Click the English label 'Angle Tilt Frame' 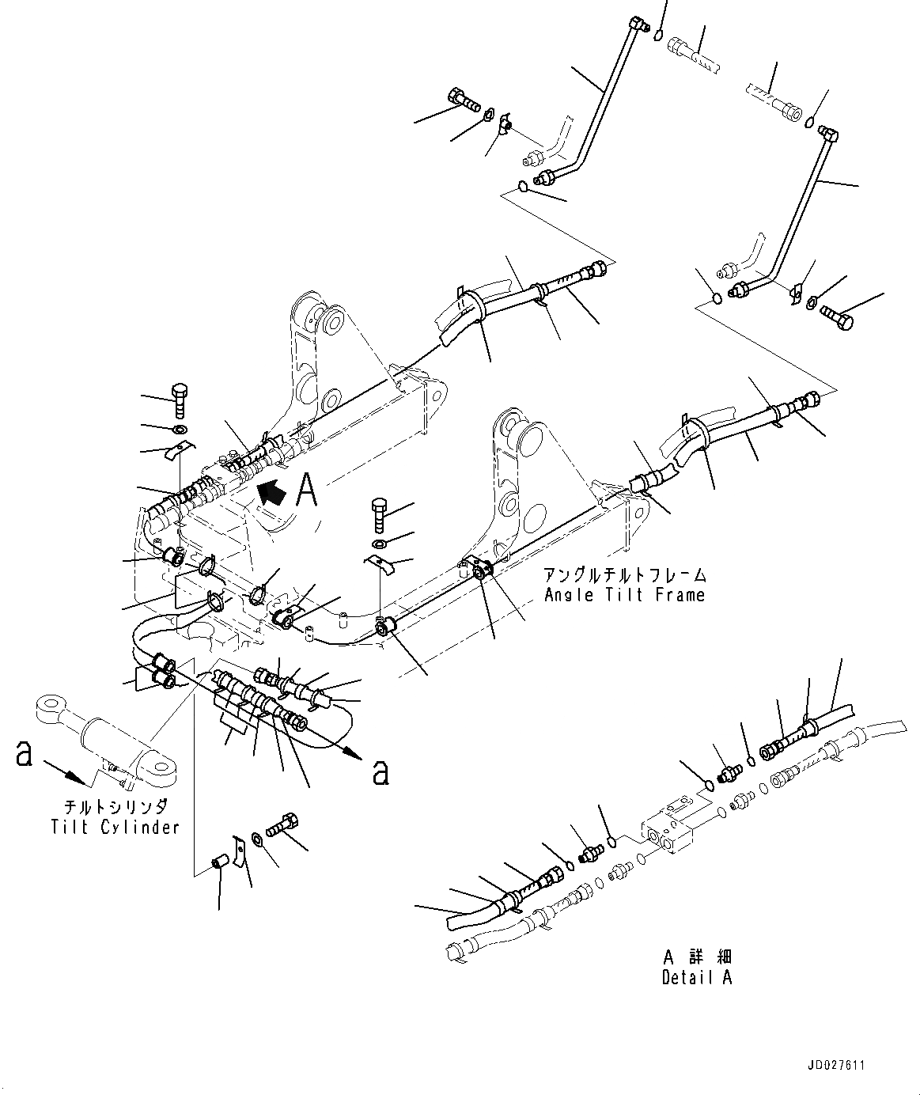[624, 594]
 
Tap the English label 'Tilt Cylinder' [115, 827]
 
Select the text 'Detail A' [696, 977]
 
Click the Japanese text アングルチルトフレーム [624, 575]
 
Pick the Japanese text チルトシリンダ [115, 808]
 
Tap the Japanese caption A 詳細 [696, 957]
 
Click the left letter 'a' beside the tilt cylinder [24, 755]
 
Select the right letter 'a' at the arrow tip [380, 771]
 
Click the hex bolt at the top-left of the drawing [464, 100]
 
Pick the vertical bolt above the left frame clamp [179, 401]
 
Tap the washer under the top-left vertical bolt [180, 430]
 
